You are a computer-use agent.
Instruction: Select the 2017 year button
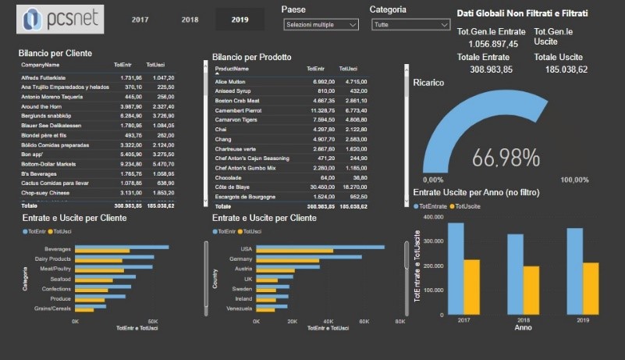click(x=140, y=19)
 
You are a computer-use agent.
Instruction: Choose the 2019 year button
click(x=240, y=19)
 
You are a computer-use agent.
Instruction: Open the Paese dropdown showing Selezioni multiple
click(x=321, y=25)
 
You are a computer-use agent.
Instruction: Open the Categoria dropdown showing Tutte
click(x=410, y=25)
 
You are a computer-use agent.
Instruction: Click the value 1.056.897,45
click(x=488, y=44)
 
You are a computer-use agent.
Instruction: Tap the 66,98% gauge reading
click(x=506, y=158)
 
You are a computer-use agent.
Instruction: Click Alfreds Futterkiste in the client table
click(x=47, y=78)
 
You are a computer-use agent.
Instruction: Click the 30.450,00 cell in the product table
click(x=324, y=187)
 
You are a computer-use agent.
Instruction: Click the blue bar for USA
click(x=321, y=247)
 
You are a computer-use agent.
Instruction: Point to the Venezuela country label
click(x=239, y=308)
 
